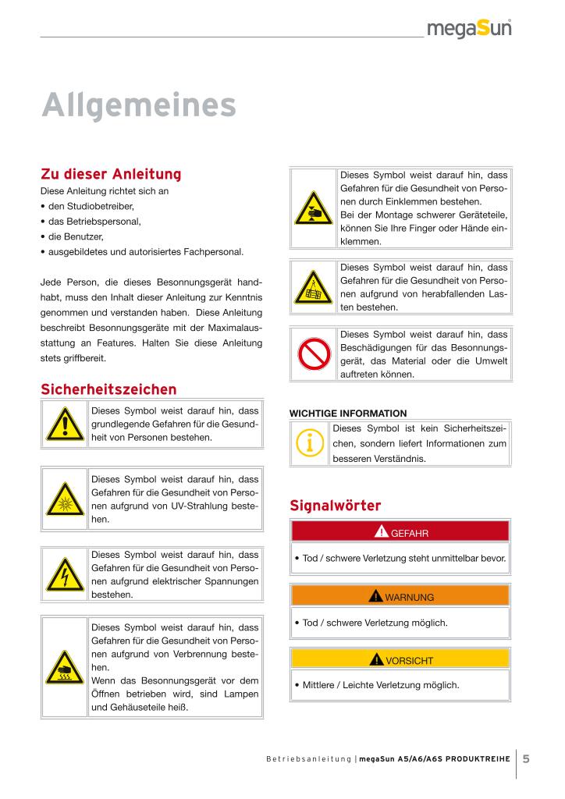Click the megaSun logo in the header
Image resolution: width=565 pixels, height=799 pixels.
(x=468, y=30)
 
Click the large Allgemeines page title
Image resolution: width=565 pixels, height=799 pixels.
(x=138, y=105)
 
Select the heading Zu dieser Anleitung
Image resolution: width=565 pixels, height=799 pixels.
(x=110, y=173)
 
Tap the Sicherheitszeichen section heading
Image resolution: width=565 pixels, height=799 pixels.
(x=108, y=389)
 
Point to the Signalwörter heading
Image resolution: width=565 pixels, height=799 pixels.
(x=335, y=505)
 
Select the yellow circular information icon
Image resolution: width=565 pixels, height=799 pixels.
(x=311, y=442)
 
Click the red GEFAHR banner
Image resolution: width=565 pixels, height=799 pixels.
(x=400, y=533)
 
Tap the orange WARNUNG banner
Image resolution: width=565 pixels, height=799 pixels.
(x=400, y=597)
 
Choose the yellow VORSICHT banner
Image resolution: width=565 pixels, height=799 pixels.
(x=400, y=660)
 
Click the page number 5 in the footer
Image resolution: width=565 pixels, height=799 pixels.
(x=527, y=758)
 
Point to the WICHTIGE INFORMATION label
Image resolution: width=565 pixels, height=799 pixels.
(x=348, y=413)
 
